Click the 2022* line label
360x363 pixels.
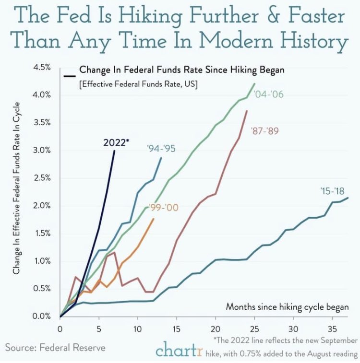[116, 142]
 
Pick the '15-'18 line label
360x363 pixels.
[331, 191]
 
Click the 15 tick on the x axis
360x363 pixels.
[177, 329]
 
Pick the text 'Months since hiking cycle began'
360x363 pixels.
[287, 307]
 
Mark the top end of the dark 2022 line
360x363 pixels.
[114, 151]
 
